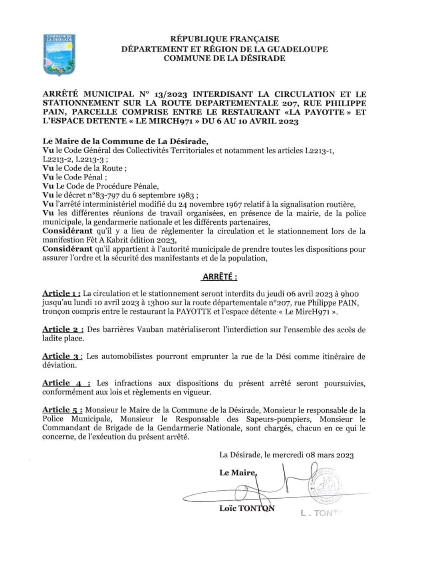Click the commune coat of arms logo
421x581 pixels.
(59, 55)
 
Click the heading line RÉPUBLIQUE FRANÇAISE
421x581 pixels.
(225, 39)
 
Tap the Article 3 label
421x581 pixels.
(62, 356)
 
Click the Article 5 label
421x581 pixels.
(62, 410)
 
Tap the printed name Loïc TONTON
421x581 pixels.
(246, 509)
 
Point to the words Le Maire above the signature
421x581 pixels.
(237, 473)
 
